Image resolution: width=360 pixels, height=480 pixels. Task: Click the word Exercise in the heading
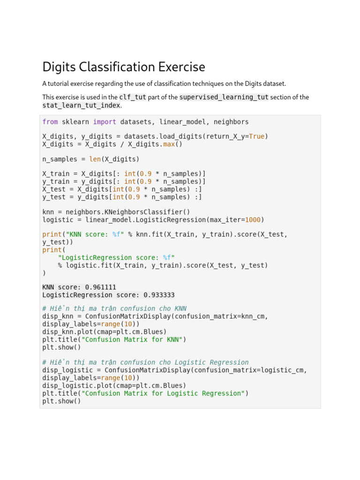tap(180, 67)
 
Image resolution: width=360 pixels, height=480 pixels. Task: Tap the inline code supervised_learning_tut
tap(224, 97)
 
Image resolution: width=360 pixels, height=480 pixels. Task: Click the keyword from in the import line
tap(50, 122)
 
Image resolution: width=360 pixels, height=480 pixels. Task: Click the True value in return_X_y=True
tap(256, 136)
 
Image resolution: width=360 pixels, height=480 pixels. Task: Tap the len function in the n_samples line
tap(95, 159)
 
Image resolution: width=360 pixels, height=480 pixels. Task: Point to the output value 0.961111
tap(101, 287)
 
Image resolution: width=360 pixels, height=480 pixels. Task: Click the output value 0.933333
tap(159, 295)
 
